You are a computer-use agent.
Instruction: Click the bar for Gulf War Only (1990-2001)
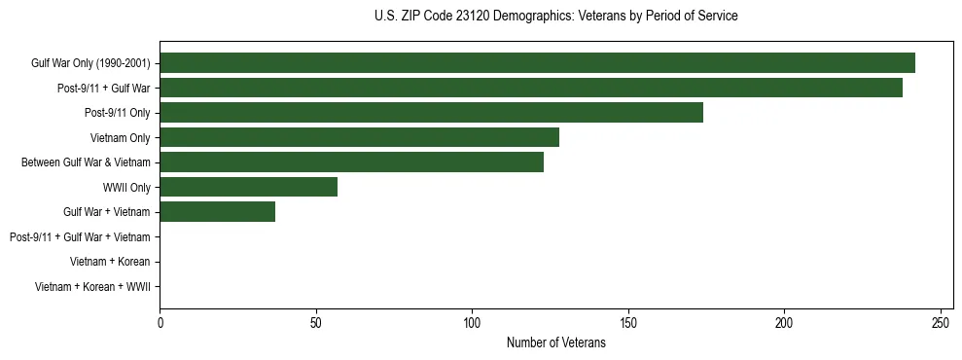point(538,63)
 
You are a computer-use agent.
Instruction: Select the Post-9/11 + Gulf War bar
point(531,88)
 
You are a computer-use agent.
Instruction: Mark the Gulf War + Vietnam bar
point(218,212)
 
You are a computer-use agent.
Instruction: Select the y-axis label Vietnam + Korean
point(110,262)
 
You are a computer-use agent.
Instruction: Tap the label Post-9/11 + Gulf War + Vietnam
point(80,237)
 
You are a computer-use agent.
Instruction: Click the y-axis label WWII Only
point(126,188)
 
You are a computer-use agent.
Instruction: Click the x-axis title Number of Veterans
point(556,342)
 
